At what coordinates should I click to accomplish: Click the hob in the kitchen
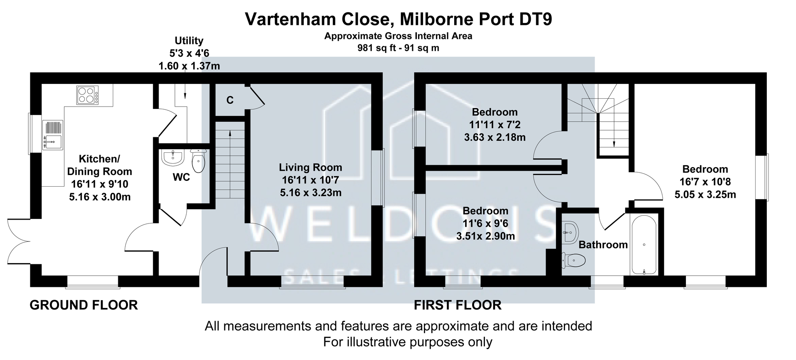click(x=87, y=95)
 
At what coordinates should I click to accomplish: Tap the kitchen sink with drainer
click(x=52, y=135)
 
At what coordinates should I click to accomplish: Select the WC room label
click(x=181, y=177)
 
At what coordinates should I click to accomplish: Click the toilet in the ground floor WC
click(x=198, y=161)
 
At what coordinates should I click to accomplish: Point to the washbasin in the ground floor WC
click(x=172, y=158)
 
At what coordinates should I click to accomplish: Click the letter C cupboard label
click(x=230, y=100)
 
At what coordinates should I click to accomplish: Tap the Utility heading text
click(x=189, y=41)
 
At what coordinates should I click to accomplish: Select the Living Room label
click(x=311, y=168)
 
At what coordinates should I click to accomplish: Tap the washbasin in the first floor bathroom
click(x=570, y=232)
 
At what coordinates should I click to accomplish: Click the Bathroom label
click(x=603, y=245)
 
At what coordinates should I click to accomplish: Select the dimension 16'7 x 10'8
click(x=705, y=182)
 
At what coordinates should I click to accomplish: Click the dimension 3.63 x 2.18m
click(x=495, y=137)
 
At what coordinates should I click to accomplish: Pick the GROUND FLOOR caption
click(x=84, y=305)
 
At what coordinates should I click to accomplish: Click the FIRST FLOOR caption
click(x=458, y=305)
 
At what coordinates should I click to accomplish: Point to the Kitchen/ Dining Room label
click(x=100, y=165)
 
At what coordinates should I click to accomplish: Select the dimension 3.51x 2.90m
click(x=486, y=236)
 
